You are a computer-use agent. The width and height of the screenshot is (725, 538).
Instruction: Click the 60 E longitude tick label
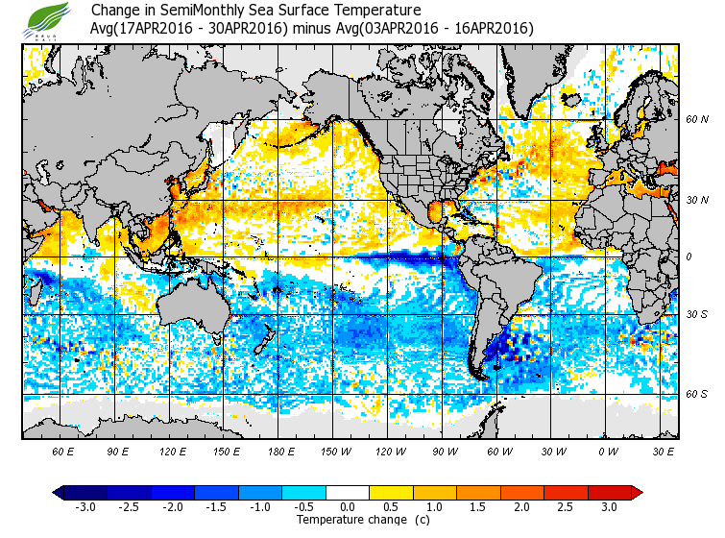coord(62,451)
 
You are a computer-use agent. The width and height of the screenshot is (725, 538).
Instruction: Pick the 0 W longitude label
coord(609,451)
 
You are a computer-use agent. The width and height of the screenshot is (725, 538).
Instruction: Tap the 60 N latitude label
coord(697,120)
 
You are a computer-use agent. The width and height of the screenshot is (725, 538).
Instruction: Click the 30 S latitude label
coord(697,315)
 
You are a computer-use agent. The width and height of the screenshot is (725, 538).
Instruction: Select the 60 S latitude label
coord(697,394)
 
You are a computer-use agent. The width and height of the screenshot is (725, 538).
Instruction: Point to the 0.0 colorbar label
coord(348,506)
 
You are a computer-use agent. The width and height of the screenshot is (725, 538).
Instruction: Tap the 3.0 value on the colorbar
coord(609,506)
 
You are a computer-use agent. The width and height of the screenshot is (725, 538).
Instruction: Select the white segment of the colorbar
coord(348,492)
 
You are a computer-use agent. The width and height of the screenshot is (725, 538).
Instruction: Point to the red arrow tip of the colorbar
coord(637,492)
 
